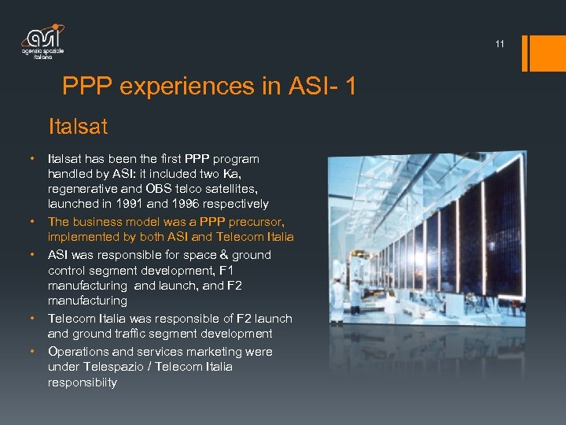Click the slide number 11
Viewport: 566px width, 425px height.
500,45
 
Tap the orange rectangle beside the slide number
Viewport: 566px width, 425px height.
545,52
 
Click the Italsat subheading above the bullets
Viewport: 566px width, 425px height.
78,125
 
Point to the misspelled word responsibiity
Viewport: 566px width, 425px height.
82,383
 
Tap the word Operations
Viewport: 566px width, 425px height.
76,352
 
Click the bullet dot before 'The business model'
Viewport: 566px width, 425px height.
33,220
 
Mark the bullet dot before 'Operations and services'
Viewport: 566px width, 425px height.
33,350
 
